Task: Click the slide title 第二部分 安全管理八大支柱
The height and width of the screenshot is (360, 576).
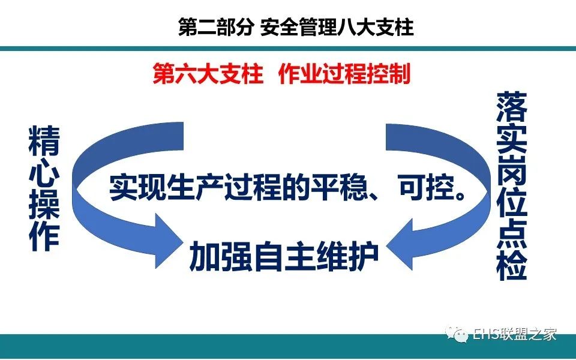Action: tap(296, 27)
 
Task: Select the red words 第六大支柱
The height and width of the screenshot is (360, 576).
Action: tap(208, 73)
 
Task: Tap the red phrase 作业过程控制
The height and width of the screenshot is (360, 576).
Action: tap(344, 73)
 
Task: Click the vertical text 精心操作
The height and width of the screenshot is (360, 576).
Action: tap(44, 188)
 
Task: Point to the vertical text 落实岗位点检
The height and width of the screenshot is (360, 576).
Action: tap(512, 187)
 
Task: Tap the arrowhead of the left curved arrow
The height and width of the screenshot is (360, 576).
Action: tap(168, 241)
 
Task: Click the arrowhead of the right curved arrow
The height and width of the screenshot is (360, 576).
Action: tap(400, 244)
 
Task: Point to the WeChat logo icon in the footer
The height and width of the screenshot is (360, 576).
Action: tap(456, 334)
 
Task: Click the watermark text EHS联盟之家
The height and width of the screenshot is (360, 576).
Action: tap(514, 334)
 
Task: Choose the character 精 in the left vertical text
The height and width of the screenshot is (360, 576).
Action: tap(44, 140)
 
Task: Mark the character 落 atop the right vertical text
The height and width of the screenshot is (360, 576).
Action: tap(512, 107)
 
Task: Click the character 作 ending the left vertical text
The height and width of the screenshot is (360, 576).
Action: tap(44, 236)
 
